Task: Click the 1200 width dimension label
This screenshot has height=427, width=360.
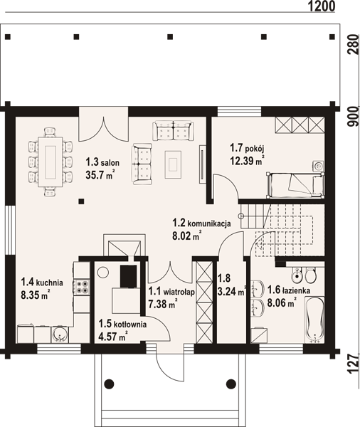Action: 322,6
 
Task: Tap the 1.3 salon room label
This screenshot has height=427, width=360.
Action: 102,162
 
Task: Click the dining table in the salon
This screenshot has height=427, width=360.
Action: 51,162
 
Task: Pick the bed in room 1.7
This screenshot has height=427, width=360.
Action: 295,184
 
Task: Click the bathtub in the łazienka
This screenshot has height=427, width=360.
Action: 314,320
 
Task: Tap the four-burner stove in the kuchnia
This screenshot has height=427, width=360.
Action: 82,287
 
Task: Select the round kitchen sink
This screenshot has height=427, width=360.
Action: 60,334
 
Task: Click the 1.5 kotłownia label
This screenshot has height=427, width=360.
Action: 122,324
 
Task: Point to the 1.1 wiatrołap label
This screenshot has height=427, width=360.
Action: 171,292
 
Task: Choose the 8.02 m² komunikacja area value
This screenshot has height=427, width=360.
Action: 187,236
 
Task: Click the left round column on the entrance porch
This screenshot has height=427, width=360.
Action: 109,384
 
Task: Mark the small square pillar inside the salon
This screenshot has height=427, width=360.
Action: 81,201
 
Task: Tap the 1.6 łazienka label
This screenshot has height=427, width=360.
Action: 288,290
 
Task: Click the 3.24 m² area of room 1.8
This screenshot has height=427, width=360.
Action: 232,291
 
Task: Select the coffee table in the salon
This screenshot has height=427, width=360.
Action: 173,164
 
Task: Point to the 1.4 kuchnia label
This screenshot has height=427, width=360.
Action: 42,283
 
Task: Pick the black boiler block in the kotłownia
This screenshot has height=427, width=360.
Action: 129,276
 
